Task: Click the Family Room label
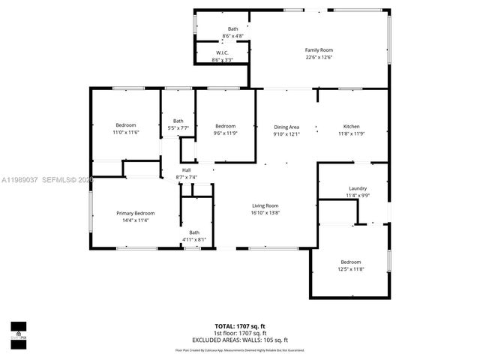[x=318, y=49]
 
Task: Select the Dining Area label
[x=286, y=127]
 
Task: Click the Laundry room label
[x=358, y=188]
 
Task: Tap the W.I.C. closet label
[x=222, y=52]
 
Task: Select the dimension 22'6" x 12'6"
[x=318, y=57]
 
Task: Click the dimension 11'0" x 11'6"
[x=126, y=132]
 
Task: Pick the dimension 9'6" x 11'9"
[x=225, y=133]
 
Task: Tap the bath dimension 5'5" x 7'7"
[x=178, y=128]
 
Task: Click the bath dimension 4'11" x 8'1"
[x=194, y=239]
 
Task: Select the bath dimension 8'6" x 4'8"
[x=233, y=36]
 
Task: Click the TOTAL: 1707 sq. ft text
[x=240, y=326]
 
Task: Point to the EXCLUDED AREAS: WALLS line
[x=240, y=340]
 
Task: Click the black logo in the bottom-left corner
[x=18, y=331]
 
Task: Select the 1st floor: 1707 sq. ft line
[x=240, y=333]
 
